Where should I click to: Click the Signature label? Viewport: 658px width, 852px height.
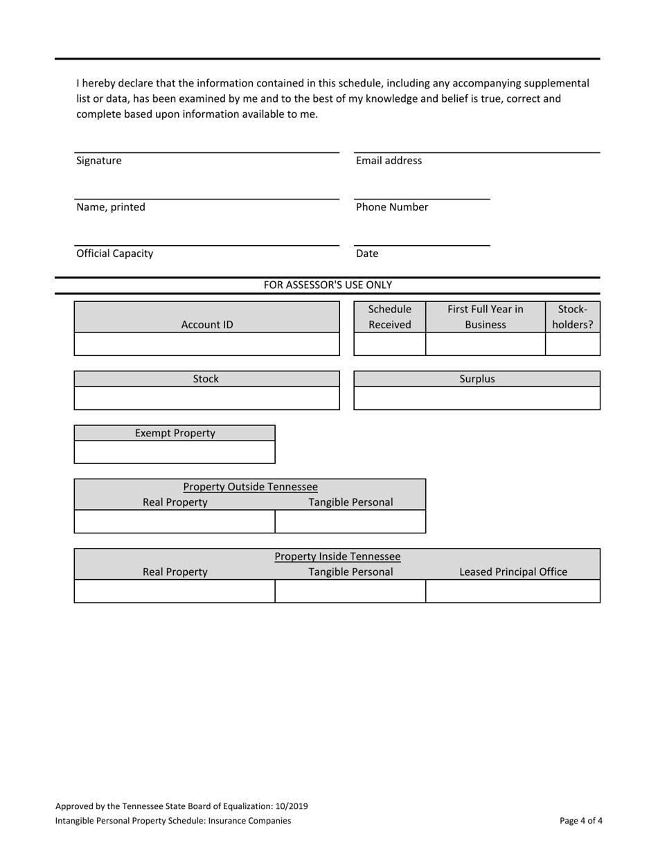tap(99, 161)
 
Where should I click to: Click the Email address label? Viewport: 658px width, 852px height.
tap(389, 161)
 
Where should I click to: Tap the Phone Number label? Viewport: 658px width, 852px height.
tap(392, 207)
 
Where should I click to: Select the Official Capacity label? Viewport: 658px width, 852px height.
tap(115, 254)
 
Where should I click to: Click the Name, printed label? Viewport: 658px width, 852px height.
tap(111, 207)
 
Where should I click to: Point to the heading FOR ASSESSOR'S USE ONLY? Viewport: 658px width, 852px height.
tap(328, 285)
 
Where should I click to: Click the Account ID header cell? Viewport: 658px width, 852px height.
tap(207, 324)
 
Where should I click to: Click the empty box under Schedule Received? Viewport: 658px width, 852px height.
tap(389, 344)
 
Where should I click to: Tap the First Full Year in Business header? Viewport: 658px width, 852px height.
tap(485, 317)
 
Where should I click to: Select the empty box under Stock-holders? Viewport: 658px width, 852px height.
tap(572, 344)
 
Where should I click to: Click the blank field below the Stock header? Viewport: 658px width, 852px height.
tap(207, 398)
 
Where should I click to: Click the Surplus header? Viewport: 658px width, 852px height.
tap(477, 379)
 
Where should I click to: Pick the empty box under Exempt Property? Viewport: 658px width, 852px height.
tap(175, 452)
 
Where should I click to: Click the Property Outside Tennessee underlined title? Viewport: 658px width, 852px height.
tap(250, 487)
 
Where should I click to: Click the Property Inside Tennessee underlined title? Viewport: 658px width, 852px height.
tap(337, 556)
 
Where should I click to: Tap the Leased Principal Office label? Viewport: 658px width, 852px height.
tap(513, 572)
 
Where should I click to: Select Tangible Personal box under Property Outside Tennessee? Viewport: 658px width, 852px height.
tap(350, 522)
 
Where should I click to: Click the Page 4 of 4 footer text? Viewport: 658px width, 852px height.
tap(580, 821)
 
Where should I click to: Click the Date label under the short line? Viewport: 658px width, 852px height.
tap(367, 254)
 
